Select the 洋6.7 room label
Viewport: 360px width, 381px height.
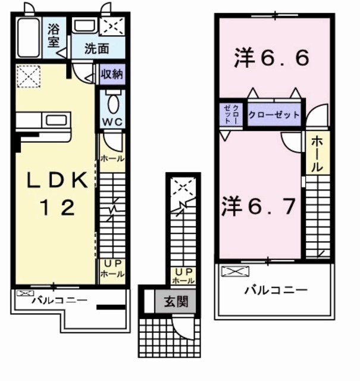click(259, 208)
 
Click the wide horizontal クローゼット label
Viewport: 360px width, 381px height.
click(273, 114)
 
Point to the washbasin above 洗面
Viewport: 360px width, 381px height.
click(84, 27)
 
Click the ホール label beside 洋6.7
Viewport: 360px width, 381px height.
click(317, 154)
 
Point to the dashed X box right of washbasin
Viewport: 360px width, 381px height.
click(112, 27)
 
